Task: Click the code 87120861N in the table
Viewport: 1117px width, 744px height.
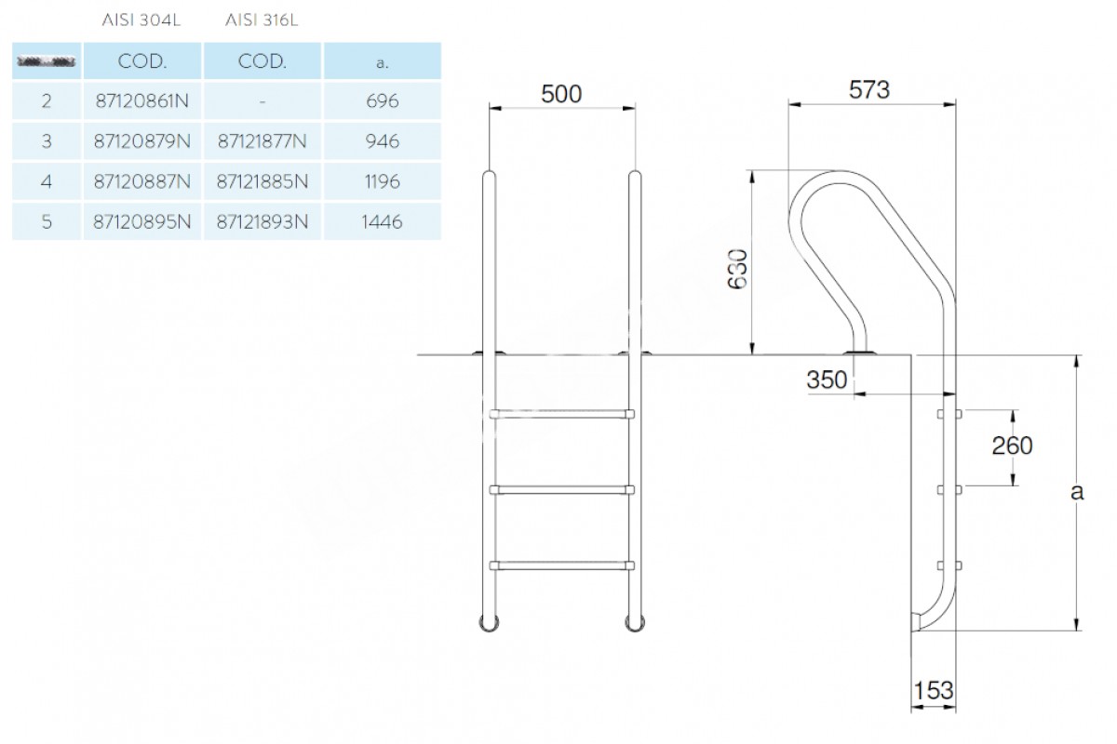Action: pyautogui.click(x=142, y=100)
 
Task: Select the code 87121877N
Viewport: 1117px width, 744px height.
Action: pyautogui.click(x=262, y=141)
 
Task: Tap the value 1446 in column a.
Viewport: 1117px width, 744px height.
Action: pyautogui.click(x=383, y=222)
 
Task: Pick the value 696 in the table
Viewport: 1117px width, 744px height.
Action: pyautogui.click(x=383, y=100)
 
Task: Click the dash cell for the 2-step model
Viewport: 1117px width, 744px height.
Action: pyautogui.click(x=262, y=100)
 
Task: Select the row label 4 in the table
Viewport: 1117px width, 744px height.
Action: pyautogui.click(x=47, y=181)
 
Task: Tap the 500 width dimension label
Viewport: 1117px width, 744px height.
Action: pyautogui.click(x=561, y=94)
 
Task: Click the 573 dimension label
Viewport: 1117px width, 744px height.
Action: pyautogui.click(x=870, y=90)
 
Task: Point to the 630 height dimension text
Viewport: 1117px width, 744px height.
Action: pyautogui.click(x=738, y=268)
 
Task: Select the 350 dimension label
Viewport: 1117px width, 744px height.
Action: pyautogui.click(x=827, y=379)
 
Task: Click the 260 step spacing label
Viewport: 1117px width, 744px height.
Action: pyautogui.click(x=1012, y=445)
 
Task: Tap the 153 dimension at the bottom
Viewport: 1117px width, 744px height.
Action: pyautogui.click(x=934, y=690)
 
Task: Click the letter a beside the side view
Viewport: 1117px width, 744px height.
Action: pyautogui.click(x=1077, y=492)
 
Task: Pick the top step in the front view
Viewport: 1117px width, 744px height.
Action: pyautogui.click(x=562, y=414)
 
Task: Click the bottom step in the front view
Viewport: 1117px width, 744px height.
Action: pyautogui.click(x=562, y=564)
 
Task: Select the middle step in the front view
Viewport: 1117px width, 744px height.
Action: pyautogui.click(x=562, y=488)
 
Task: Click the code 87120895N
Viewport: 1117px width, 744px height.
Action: pyautogui.click(x=142, y=222)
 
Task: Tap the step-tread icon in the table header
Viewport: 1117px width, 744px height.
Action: pyautogui.click(x=47, y=62)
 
